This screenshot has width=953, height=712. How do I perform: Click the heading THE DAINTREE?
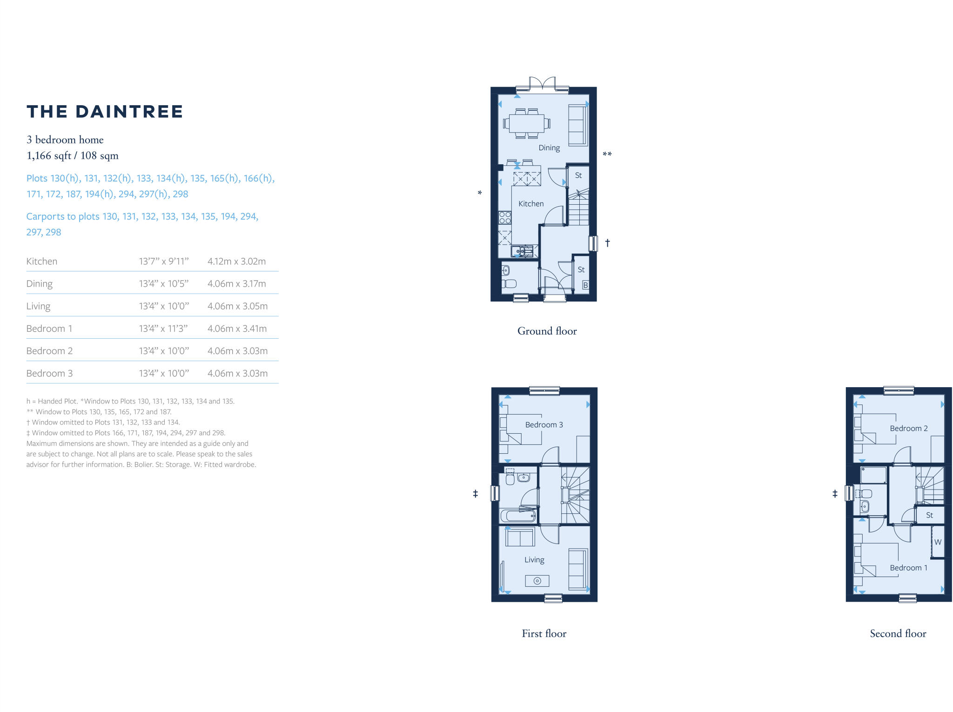pyautogui.click(x=105, y=112)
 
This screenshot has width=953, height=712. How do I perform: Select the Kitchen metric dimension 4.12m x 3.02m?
pyautogui.click(x=236, y=261)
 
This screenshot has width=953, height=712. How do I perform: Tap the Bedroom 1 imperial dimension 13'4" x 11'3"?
pyautogui.click(x=163, y=329)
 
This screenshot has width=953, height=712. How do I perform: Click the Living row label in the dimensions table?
pyautogui.click(x=38, y=306)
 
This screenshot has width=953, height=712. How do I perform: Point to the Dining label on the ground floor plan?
pyautogui.click(x=549, y=148)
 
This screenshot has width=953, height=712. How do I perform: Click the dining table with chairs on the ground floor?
pyautogui.click(x=526, y=123)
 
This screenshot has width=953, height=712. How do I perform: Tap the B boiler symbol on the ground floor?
pyautogui.click(x=585, y=285)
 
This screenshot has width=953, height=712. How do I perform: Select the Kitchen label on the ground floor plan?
pyautogui.click(x=531, y=204)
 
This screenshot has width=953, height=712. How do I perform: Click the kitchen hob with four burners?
pyautogui.click(x=505, y=218)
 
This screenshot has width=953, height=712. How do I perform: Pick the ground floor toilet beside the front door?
pyautogui.click(x=509, y=283)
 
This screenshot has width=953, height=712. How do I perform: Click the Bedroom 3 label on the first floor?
pyautogui.click(x=544, y=425)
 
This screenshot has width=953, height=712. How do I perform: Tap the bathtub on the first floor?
pyautogui.click(x=517, y=516)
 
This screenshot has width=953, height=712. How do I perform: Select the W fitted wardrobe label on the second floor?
pyautogui.click(x=938, y=542)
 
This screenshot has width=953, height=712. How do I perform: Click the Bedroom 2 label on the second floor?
pyautogui.click(x=908, y=429)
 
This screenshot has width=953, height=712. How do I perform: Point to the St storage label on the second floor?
pyautogui.click(x=929, y=515)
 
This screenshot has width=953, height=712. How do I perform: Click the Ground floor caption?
pyautogui.click(x=547, y=331)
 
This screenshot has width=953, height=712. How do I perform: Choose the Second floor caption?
pyautogui.click(x=898, y=633)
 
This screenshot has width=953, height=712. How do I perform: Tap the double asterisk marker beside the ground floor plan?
pyautogui.click(x=607, y=154)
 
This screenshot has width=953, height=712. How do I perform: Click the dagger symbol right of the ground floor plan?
pyautogui.click(x=607, y=242)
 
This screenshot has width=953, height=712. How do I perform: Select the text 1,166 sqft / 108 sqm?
pyautogui.click(x=73, y=155)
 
